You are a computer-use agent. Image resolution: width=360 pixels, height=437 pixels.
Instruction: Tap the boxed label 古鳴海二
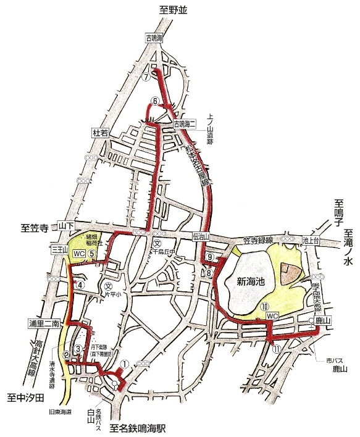pyautogui.click(x=183, y=123)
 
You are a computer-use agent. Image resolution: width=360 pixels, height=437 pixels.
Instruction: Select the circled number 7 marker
pyautogui.click(x=146, y=78)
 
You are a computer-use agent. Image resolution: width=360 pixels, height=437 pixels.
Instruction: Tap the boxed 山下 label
pyautogui.click(x=65, y=227)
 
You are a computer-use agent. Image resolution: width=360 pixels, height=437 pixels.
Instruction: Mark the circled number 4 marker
pyautogui.click(x=80, y=285)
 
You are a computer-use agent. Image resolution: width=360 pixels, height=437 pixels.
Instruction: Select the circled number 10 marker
pyautogui.click(x=264, y=306)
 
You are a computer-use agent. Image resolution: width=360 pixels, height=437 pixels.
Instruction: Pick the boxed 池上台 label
pyautogui.click(x=311, y=239)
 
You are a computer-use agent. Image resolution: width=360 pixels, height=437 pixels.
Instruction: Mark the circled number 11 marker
pyautogui.click(x=276, y=348)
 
